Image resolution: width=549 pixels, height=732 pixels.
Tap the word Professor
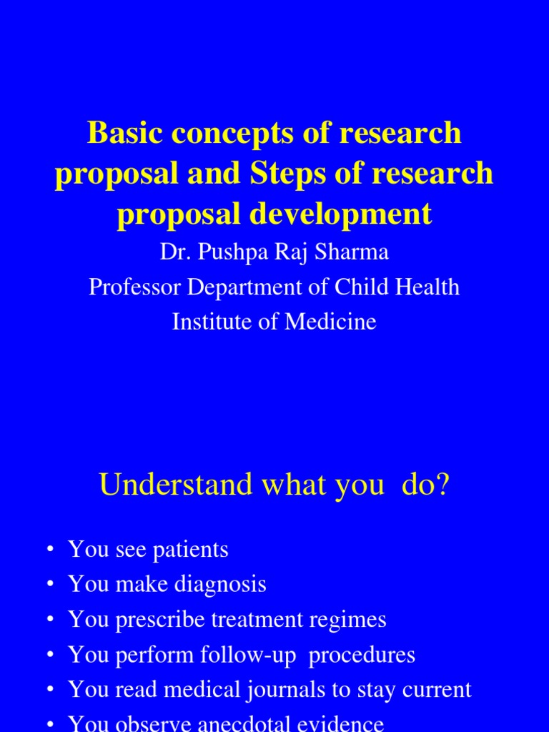pyautogui.click(x=133, y=287)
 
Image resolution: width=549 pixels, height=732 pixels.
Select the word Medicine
pyautogui.click(x=330, y=322)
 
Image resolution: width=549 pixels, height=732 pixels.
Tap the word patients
pyautogui.click(x=189, y=550)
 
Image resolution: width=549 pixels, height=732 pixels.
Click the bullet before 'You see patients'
pyautogui.click(x=49, y=550)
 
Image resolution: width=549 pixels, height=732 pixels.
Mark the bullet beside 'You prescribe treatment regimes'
pyautogui.click(x=49, y=619)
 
